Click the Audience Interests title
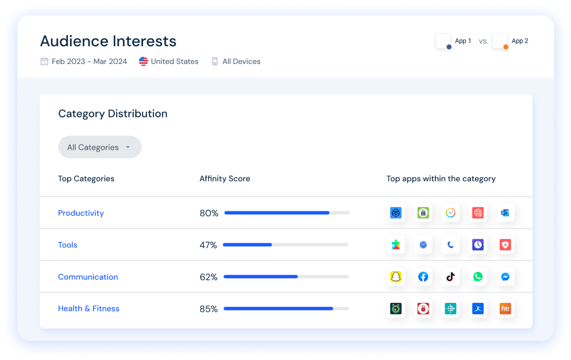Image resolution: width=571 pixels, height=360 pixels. (x=108, y=41)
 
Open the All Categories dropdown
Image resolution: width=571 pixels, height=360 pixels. (x=99, y=147)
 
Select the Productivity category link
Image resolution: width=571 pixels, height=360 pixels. (x=81, y=213)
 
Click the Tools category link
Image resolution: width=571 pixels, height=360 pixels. (x=67, y=245)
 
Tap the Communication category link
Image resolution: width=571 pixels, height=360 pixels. (x=88, y=277)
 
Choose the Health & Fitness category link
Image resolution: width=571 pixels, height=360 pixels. (x=89, y=309)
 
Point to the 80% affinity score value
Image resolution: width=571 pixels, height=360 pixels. (x=209, y=213)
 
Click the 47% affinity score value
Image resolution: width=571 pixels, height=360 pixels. (x=208, y=245)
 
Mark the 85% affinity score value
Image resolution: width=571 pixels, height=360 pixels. (x=208, y=309)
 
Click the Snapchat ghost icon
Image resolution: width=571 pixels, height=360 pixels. (x=396, y=277)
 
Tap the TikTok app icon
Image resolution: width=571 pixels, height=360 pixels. (x=450, y=277)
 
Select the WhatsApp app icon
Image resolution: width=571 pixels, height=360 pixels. (x=478, y=277)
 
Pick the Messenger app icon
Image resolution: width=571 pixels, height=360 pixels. (x=505, y=277)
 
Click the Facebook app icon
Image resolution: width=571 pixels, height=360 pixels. (x=423, y=277)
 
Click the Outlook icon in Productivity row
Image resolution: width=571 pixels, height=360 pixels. (x=505, y=213)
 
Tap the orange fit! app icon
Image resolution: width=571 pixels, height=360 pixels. (x=505, y=309)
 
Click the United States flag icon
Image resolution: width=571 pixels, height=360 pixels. (x=144, y=61)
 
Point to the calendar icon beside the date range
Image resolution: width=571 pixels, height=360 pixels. (x=44, y=61)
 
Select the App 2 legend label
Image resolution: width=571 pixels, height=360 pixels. (x=520, y=41)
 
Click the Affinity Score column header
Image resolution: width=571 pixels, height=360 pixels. (x=225, y=179)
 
